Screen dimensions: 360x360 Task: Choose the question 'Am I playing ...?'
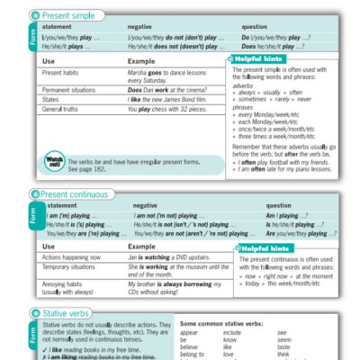coord(283,217)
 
